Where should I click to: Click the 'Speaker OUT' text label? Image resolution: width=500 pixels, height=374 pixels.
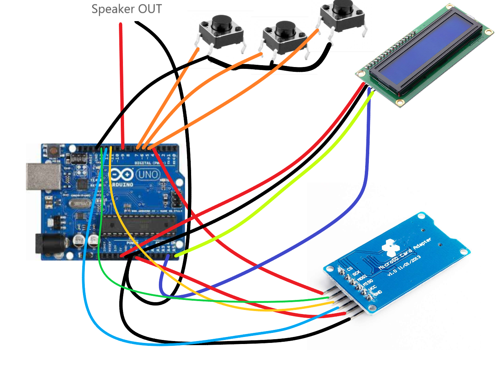pos(127,9)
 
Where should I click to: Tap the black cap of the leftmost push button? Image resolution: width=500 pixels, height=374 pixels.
pos(222,23)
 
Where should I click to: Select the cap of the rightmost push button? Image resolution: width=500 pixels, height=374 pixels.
pos(343,7)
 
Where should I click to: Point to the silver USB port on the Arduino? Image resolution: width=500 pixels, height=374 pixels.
pos(43,177)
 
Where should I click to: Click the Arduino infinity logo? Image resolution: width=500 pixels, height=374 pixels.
pos(121,174)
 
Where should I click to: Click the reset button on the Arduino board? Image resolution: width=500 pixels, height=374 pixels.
pos(53,151)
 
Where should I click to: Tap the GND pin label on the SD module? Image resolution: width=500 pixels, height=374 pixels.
pos(377,293)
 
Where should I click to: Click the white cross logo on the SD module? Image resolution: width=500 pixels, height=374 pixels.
pos(391,248)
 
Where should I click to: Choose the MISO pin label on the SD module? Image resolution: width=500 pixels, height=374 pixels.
pos(367,283)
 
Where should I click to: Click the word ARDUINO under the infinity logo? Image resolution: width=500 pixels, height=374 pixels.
pos(122,184)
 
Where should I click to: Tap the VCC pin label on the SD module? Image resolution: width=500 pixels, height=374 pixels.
pos(372,288)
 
